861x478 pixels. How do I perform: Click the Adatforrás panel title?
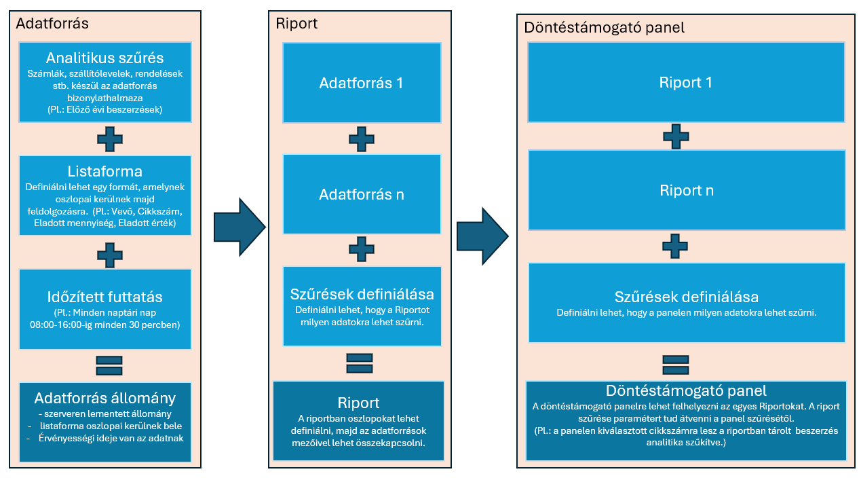pos(52,23)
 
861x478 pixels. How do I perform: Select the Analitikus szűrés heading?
pos(104,58)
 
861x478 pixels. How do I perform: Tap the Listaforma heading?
pos(104,170)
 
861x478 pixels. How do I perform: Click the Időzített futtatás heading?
pos(104,297)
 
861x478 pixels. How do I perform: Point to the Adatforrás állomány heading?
pos(104,398)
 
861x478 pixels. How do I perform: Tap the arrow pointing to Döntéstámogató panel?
pos(482,235)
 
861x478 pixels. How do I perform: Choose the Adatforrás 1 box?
pos(362,84)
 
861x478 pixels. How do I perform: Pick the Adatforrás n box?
pos(362,194)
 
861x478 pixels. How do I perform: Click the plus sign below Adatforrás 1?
pos(362,140)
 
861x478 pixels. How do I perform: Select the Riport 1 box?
pos(686,83)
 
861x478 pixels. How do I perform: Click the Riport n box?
pos(686,191)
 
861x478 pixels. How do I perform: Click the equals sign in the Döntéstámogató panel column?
pos(676,363)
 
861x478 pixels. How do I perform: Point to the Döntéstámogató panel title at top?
pos(604,28)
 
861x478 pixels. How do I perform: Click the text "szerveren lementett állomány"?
pos(109,413)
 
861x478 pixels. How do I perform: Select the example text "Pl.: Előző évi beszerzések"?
pos(104,109)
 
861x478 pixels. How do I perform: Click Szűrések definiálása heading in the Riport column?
pos(362,295)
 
